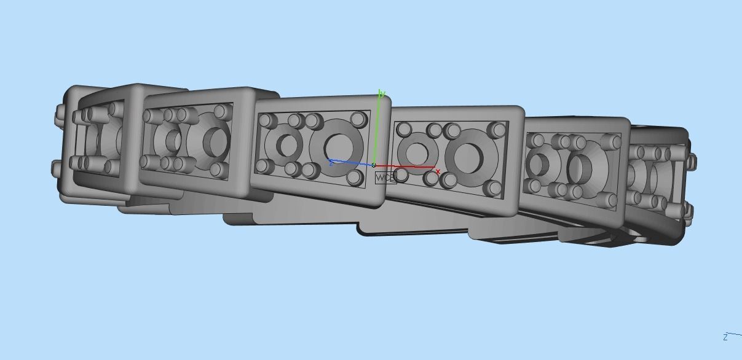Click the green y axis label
[x=382, y=93]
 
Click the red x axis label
[x=438, y=171]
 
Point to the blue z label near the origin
[x=331, y=163]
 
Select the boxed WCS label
[x=385, y=178]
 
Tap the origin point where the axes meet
[x=374, y=165]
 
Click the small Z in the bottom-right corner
[x=725, y=337]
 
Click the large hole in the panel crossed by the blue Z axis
[x=337, y=146]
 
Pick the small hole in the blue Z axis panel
[x=286, y=146]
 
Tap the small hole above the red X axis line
[x=417, y=151]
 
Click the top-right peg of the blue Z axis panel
[x=358, y=119]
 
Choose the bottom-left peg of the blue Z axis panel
[x=264, y=166]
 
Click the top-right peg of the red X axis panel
[x=495, y=130]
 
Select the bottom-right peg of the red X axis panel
[x=492, y=189]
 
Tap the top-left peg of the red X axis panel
[x=405, y=130]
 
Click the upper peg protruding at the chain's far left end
[x=60, y=114]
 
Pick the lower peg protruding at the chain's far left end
[x=57, y=167]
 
